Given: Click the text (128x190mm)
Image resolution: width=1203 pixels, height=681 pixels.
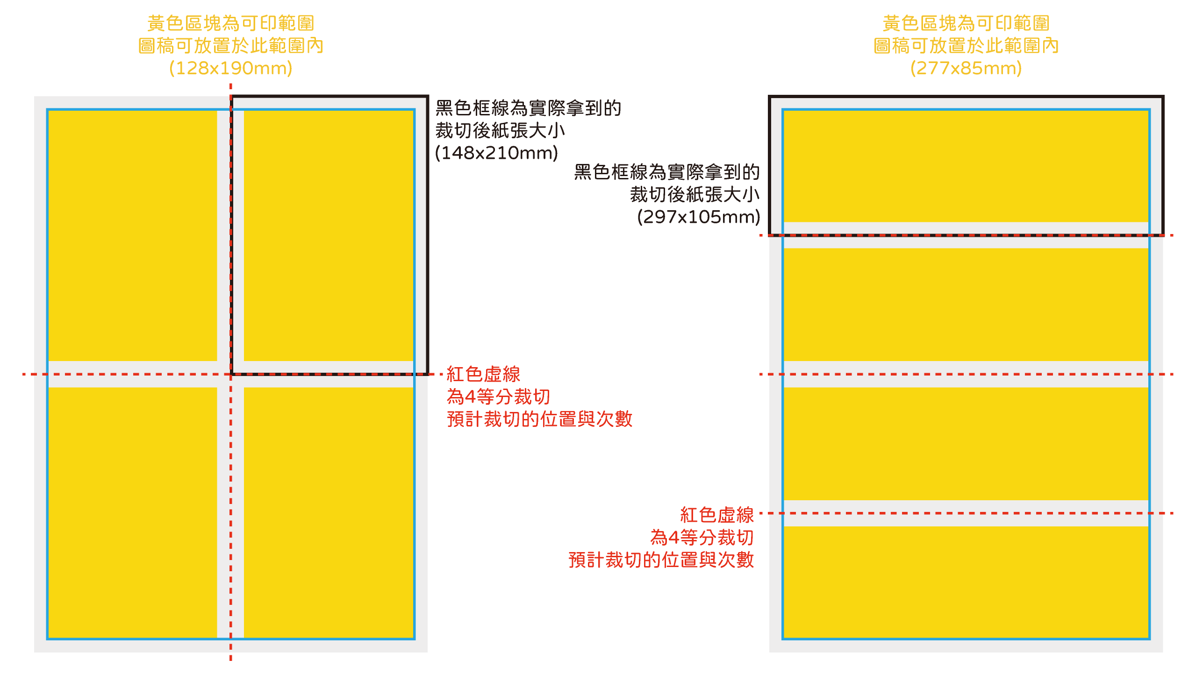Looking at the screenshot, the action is coord(231,68).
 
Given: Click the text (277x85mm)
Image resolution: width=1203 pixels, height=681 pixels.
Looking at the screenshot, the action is coord(966,68).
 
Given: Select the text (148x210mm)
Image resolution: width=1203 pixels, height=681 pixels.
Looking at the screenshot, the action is coord(496,153).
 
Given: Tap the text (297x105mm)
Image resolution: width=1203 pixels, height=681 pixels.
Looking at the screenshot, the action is coord(698,217).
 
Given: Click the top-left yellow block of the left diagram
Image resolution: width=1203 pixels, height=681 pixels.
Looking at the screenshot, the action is coord(133,235).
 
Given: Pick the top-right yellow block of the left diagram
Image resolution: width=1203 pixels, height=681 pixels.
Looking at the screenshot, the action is coord(329,235).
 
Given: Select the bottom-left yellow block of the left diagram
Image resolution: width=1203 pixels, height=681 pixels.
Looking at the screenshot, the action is coord(133,512).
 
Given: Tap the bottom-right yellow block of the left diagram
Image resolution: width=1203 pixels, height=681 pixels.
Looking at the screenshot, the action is coord(329,512).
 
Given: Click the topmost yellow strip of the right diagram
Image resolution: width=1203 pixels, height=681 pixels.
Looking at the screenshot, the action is coord(966,166).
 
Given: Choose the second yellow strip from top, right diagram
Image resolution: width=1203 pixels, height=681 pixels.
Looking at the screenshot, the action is coord(966,305).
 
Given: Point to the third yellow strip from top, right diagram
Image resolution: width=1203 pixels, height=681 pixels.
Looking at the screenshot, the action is coord(966,443).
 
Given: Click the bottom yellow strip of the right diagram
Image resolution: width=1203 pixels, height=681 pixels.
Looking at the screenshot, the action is coord(966,582).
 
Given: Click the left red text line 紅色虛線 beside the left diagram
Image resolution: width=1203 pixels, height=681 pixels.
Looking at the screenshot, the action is coord(483,375).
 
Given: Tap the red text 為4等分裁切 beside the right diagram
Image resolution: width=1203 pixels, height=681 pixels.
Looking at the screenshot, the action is coord(702,538).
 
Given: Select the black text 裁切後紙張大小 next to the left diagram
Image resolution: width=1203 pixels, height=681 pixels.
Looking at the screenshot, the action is coord(500,130).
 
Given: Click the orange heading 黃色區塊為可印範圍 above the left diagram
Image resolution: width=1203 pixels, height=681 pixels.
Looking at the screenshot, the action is coord(231,23).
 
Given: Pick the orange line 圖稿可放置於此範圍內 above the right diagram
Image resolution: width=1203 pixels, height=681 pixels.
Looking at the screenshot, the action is coord(966,46).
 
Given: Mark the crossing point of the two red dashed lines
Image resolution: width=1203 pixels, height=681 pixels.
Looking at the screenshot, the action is coord(231,374).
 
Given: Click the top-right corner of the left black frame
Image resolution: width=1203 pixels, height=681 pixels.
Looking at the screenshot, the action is coord(427,97).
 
